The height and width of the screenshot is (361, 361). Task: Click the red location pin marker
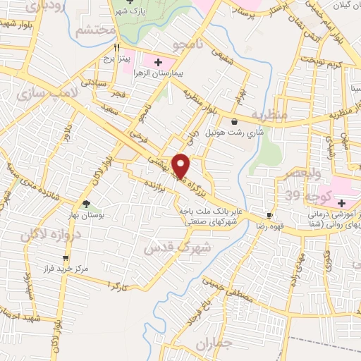pos(181,165)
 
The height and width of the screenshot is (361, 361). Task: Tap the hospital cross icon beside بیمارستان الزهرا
pos(157,63)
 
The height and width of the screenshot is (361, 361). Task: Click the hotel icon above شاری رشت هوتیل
pos(234,122)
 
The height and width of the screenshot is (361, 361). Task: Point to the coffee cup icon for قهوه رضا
pos(269,215)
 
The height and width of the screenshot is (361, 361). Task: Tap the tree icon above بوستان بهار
pos(86,204)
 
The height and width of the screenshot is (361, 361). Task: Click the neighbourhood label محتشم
pos(96,31)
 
